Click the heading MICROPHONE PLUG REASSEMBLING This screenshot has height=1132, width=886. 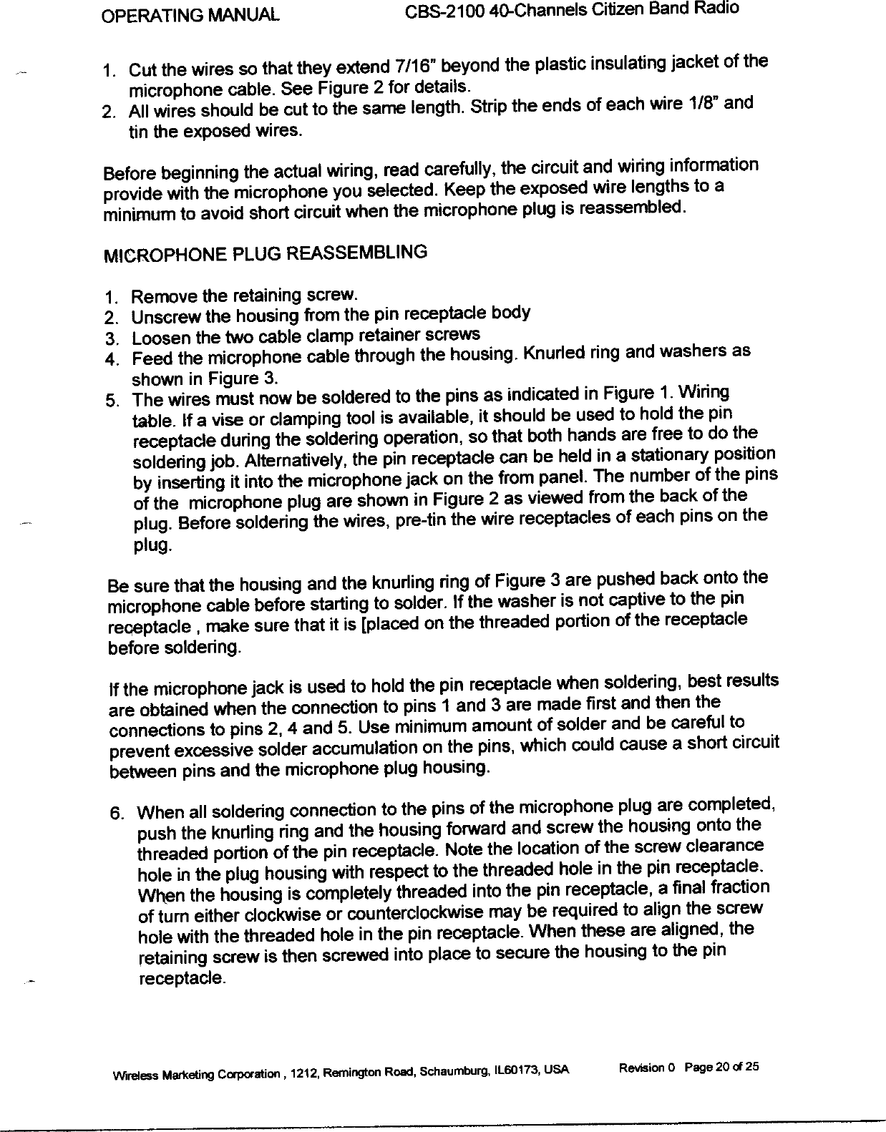coord(265,253)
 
